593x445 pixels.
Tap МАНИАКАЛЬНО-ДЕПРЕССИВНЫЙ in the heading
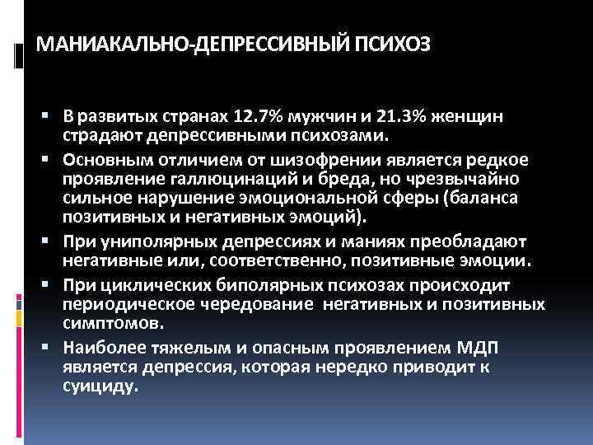point(193,44)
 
